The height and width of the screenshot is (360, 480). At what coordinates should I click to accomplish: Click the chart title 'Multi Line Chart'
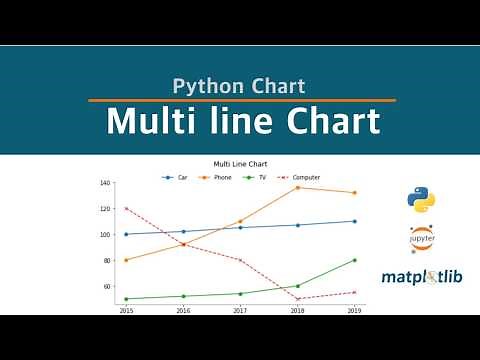[240, 164]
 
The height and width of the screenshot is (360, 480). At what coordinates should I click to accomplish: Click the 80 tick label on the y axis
[107, 261]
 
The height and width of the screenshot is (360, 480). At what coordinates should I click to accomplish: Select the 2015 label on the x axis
[126, 311]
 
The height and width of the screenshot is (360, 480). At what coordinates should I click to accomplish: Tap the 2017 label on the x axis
[240, 311]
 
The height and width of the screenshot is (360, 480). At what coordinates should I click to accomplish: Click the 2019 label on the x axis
[355, 311]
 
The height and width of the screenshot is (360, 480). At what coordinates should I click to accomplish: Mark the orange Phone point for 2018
[297, 188]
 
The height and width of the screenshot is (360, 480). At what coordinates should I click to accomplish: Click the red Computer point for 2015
[126, 209]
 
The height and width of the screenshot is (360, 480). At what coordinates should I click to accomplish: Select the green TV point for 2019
[355, 260]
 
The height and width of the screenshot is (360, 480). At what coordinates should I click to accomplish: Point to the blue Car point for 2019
[355, 221]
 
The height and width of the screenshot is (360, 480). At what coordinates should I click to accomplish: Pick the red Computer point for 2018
[297, 299]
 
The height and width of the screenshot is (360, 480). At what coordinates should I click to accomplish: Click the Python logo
[421, 199]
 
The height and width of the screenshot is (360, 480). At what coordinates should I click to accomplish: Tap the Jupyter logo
[422, 240]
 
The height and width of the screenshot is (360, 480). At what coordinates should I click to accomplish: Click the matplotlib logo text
[421, 276]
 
